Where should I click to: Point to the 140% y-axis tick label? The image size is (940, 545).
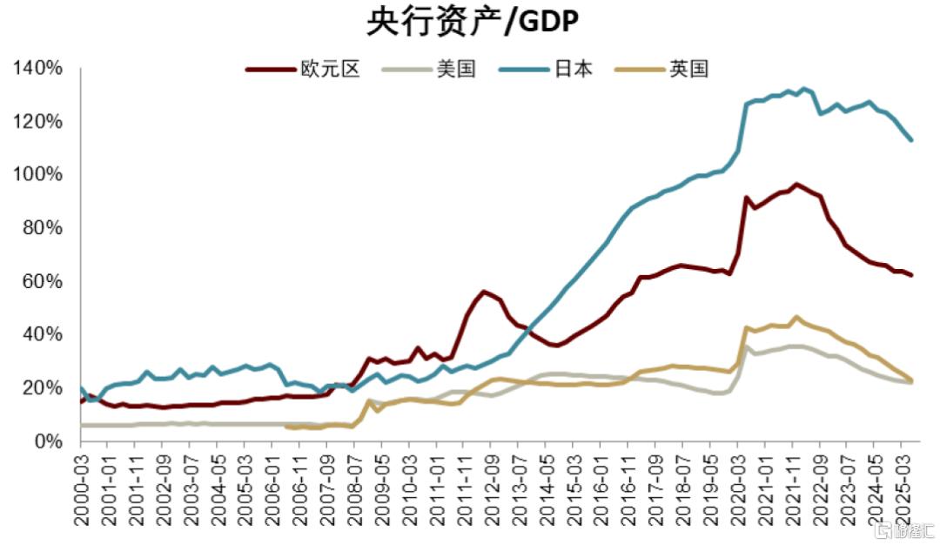tap(37, 68)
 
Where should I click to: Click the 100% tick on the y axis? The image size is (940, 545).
tap(37, 175)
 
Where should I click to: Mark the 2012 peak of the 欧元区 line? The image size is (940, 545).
tap(484, 292)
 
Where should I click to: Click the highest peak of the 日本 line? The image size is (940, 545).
tap(802, 88)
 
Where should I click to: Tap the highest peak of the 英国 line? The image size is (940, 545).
tap(796, 317)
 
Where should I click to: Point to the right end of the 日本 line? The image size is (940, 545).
tap(911, 139)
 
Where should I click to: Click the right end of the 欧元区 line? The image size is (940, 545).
tap(911, 275)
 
